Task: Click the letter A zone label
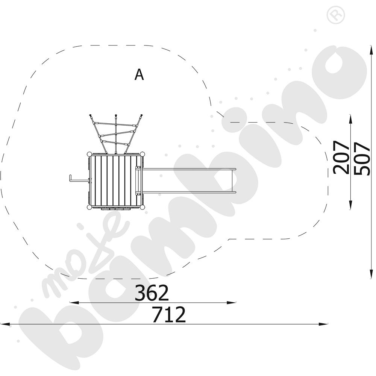tap(139, 74)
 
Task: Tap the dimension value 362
tap(152, 293)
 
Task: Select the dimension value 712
tap(169, 314)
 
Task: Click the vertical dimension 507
tap(362, 159)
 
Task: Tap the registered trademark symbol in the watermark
tap(336, 15)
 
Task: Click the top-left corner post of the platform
tap(89, 154)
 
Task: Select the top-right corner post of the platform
tap(142, 154)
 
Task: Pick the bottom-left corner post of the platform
tap(89, 207)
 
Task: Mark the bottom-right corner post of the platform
tap(142, 207)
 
